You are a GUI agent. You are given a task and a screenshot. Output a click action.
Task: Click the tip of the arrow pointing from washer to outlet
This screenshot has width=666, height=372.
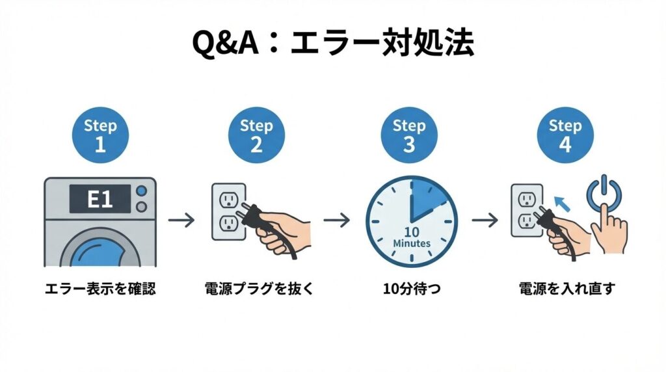(194, 220)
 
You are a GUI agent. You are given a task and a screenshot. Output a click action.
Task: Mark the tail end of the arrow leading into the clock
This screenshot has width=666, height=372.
(324, 220)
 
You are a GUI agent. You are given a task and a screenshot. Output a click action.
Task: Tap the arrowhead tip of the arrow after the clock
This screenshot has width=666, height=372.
(498, 220)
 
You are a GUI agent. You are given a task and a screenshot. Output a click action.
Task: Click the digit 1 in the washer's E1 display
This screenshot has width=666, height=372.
(107, 199)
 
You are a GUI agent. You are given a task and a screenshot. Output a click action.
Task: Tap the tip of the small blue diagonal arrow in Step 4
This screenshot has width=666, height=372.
(554, 196)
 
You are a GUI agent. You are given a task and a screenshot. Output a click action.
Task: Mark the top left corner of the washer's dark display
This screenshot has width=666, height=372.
(70, 185)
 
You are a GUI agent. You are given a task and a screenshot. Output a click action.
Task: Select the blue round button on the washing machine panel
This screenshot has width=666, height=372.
(141, 191)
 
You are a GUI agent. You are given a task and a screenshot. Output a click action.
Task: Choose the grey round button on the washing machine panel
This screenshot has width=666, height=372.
(141, 207)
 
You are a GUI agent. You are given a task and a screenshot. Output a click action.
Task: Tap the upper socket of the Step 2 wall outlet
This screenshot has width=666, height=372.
(228, 200)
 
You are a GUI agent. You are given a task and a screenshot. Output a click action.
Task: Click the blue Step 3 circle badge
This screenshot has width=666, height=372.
(409, 135)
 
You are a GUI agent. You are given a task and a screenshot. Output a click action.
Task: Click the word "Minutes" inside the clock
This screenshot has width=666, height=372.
(412, 244)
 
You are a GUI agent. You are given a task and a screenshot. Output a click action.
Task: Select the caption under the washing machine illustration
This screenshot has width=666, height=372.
(100, 289)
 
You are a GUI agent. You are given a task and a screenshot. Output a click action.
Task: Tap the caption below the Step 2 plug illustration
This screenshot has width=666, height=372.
(259, 289)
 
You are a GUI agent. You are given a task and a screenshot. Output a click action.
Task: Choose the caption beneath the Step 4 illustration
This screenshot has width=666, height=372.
(566, 289)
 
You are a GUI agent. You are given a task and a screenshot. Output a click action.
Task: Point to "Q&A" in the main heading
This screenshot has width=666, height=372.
(225, 43)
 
